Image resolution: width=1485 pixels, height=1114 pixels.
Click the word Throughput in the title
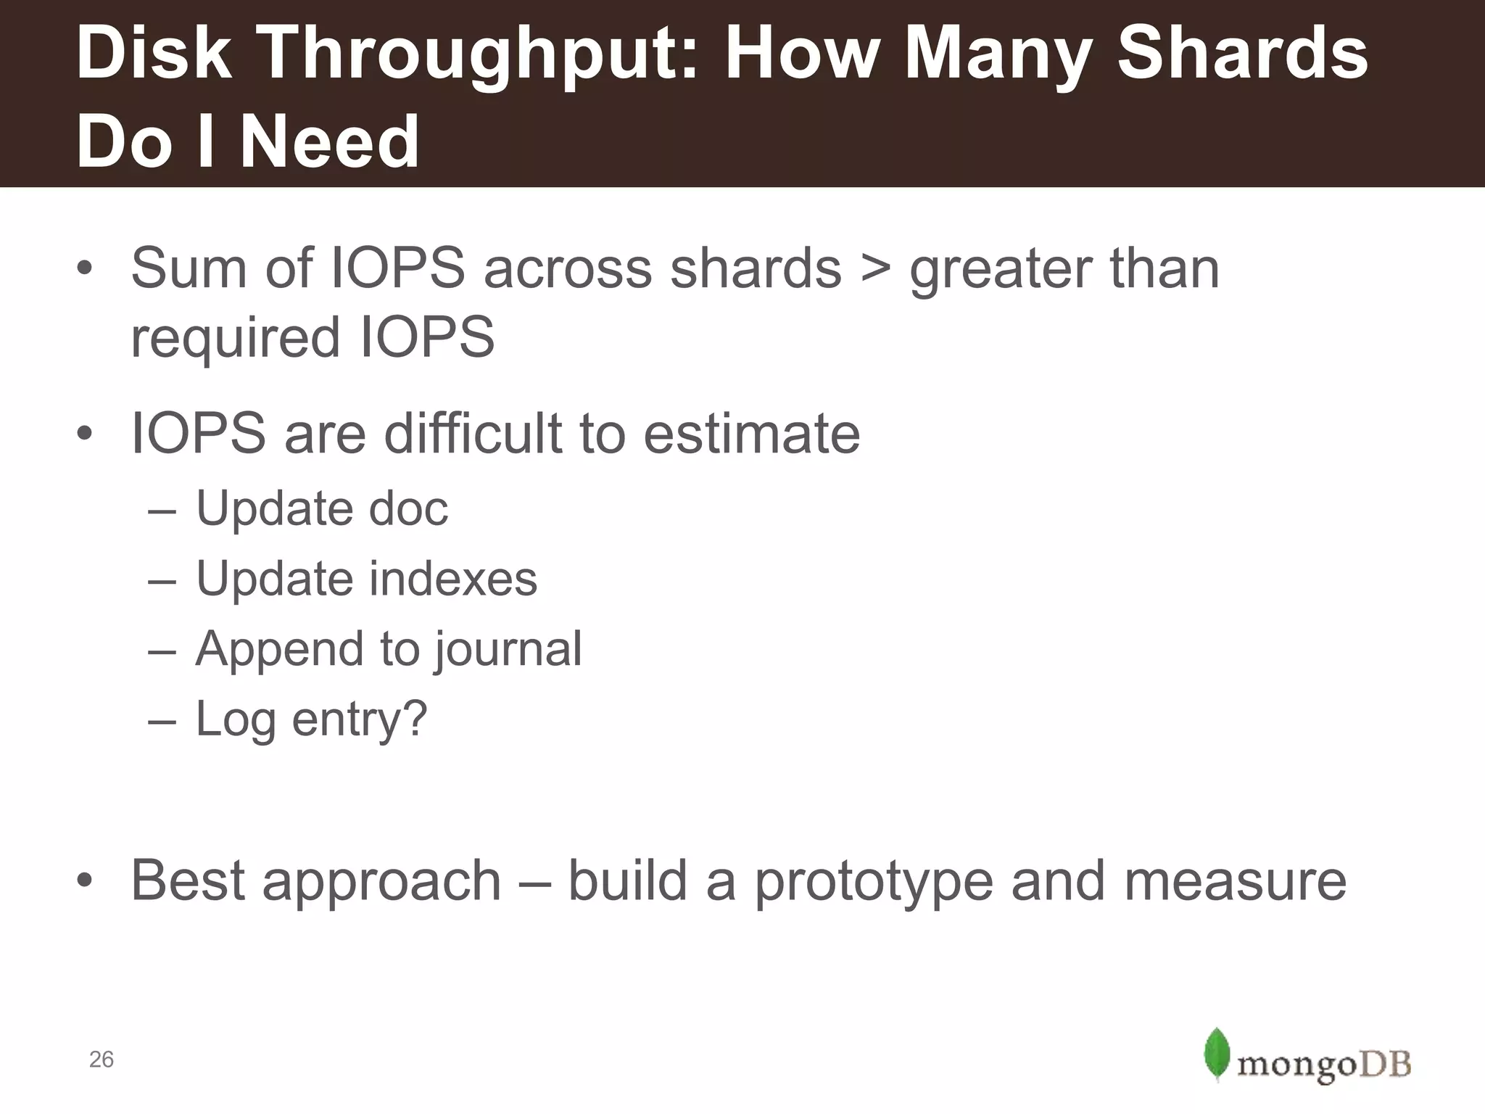(471, 54)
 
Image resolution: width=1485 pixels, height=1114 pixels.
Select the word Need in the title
(329, 141)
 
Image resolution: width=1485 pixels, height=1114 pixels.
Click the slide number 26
(101, 1060)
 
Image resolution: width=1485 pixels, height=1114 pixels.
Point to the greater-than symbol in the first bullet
(875, 268)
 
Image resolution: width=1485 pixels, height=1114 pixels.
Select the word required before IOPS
(235, 338)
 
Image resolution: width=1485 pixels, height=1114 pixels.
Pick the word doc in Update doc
(408, 508)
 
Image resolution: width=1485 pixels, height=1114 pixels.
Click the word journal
(508, 649)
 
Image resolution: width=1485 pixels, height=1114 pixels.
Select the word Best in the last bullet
(188, 881)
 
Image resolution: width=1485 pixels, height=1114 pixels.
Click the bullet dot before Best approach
(85, 881)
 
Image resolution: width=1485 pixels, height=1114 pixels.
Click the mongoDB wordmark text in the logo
(1323, 1065)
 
